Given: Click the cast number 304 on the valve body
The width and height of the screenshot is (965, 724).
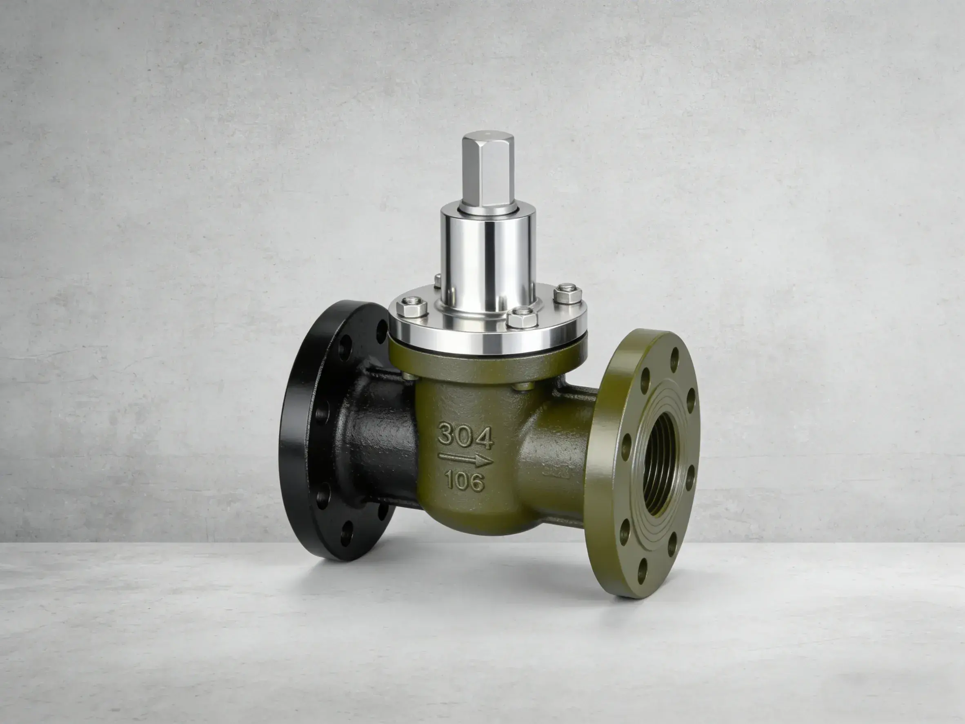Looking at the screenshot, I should (465, 436).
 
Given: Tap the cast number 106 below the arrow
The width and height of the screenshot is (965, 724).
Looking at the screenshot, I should (464, 481).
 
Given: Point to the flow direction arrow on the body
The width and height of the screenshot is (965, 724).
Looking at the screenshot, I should (465, 459).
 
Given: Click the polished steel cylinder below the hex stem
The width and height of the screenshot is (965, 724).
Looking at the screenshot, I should (488, 258).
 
